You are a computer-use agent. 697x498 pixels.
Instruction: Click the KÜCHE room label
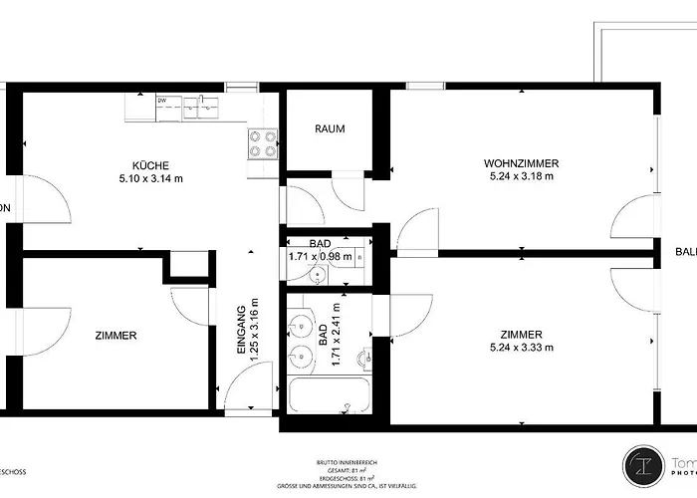150,165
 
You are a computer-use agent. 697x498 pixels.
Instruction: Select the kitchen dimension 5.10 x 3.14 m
150,179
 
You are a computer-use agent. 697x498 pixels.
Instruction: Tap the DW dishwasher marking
162,101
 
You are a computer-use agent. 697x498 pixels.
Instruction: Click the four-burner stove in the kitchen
262,144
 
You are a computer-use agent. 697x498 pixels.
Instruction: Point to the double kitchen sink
198,106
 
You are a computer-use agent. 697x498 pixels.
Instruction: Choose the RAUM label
330,129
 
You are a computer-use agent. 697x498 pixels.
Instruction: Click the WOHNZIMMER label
521,163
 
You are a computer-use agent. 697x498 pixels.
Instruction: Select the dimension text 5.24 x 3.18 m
521,176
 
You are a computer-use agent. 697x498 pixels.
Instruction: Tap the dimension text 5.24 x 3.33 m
521,348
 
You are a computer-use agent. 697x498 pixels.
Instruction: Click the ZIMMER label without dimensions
116,336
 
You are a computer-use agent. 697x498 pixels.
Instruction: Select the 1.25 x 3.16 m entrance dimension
254,329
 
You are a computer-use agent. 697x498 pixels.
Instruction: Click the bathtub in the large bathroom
329,395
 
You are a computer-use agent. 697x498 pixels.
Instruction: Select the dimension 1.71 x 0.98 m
320,256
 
